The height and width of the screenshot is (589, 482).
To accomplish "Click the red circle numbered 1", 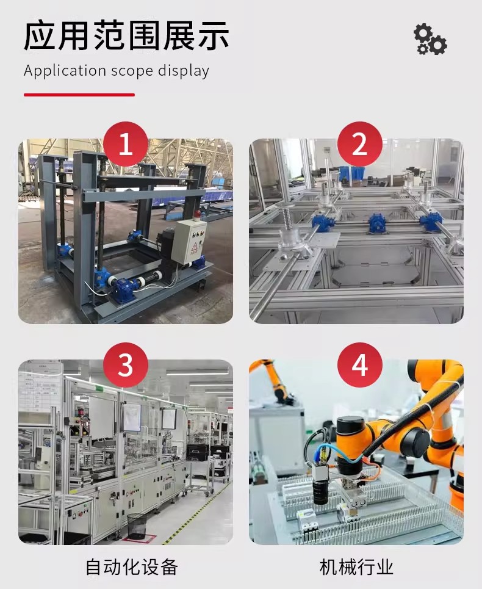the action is click(x=125, y=144).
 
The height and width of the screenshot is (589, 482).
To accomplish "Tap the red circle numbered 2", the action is click(x=359, y=144).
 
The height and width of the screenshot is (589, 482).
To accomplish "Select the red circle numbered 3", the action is click(x=125, y=365).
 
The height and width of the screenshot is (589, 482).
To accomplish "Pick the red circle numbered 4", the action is click(x=359, y=365).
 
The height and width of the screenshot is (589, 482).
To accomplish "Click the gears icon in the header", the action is click(x=430, y=39).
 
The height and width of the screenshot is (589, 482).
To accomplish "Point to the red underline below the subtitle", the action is click(x=79, y=95).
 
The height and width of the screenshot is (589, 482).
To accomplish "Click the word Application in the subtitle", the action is click(x=65, y=71).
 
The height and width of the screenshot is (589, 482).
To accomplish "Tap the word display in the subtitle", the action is click(x=183, y=71).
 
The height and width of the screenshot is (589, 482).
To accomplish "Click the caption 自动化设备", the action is click(x=131, y=567).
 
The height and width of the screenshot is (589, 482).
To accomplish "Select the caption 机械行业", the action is click(x=356, y=567).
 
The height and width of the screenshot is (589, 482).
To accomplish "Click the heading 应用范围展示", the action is click(x=126, y=35).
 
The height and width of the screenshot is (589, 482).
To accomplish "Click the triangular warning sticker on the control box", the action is click(x=195, y=247).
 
